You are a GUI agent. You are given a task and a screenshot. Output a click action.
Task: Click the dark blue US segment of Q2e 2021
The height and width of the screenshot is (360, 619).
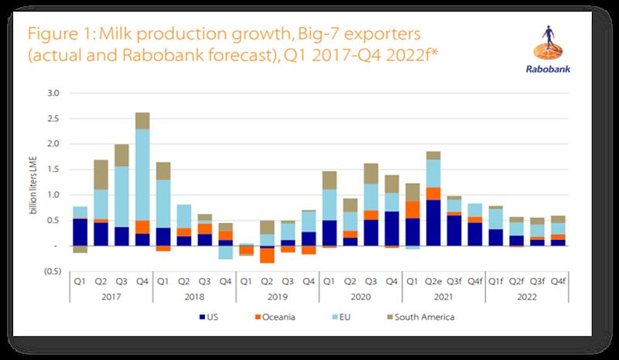[x=433, y=222]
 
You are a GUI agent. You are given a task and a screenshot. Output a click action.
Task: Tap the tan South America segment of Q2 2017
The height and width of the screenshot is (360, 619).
[x=101, y=174]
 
